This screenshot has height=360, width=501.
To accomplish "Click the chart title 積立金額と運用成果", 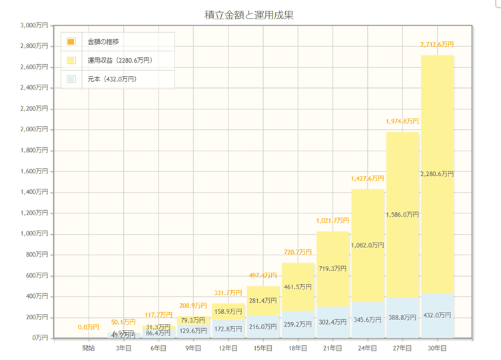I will coord(250,14).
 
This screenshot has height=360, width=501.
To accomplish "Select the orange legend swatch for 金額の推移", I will coord(71,41).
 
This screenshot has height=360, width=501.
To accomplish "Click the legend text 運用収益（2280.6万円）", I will coord(120,61).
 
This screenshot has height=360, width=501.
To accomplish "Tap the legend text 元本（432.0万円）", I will coord(112,79).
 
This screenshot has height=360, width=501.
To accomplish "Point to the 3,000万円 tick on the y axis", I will coord(34,25).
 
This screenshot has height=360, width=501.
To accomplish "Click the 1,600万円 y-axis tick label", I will coord(34,171).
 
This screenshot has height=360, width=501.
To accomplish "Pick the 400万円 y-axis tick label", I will coord(36,296).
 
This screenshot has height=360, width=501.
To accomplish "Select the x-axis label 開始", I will coord(88,348).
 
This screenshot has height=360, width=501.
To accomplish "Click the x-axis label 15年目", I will coord(263,348).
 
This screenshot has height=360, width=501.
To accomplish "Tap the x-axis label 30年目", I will coord(437,348).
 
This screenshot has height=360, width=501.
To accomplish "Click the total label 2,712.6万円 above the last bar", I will coord(437,45).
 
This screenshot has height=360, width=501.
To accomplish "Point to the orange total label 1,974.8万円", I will coord(402,121).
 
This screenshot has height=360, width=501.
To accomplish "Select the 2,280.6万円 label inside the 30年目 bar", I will coord(437,174).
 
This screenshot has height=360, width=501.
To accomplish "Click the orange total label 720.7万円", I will coord(298,252).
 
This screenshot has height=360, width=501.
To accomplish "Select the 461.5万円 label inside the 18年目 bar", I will coord(298,287).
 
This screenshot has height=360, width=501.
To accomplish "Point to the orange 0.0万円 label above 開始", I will coord(89,327).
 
